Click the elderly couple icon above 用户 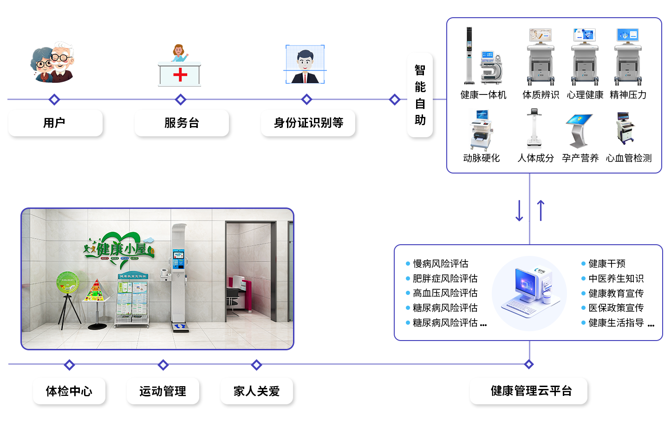coord(52,62)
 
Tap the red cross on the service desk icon coord(180,75)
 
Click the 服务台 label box coord(182,123)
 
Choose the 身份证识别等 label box coord(308,123)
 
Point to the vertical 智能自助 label coord(420,95)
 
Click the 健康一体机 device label coord(483,95)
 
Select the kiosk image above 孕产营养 coord(579,130)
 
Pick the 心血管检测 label coord(629,158)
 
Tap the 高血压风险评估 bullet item coord(445,293)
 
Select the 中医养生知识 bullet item coord(616,279)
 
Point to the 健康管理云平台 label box coord(531,391)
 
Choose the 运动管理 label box coord(163,391)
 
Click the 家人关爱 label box coord(256,391)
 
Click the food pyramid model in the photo coord(95,291)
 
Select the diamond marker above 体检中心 coord(70,365)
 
